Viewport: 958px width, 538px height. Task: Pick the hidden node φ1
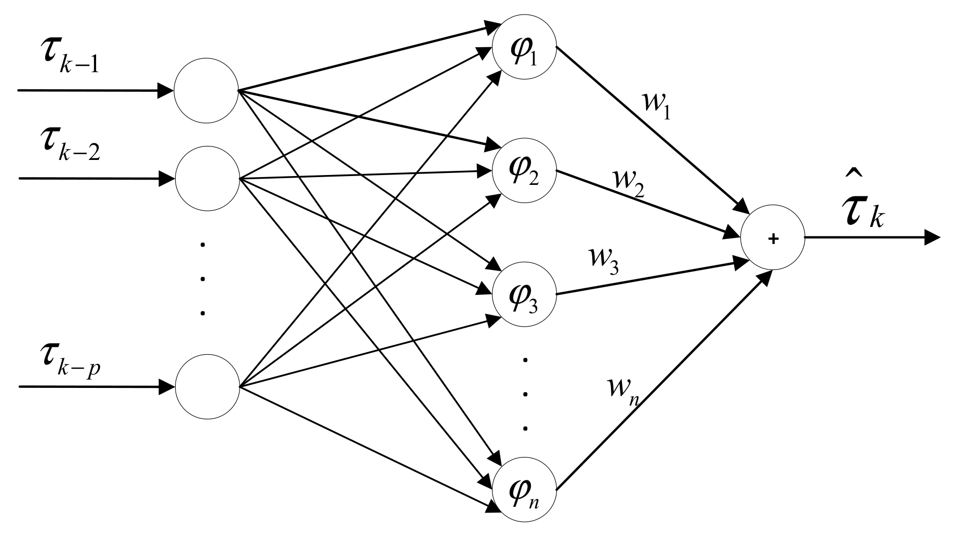[x=525, y=50]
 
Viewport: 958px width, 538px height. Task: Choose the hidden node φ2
[x=525, y=171]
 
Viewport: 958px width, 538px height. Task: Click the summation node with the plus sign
[x=773, y=238]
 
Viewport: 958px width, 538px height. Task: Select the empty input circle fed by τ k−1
[x=206, y=90]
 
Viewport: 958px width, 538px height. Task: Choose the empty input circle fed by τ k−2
[x=207, y=179]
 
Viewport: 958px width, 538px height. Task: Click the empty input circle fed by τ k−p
[x=207, y=387]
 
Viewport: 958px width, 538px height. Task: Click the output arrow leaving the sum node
[x=873, y=238]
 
